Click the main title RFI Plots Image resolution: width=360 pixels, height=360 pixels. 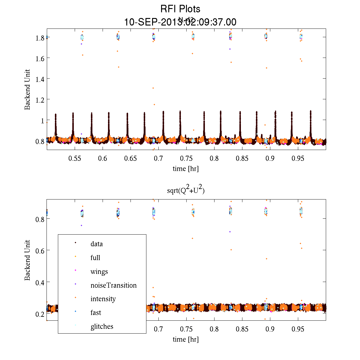[180, 9]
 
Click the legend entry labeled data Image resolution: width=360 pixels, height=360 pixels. [97, 244]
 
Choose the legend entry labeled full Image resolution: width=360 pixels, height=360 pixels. [95, 258]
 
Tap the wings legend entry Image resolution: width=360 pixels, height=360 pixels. [99, 272]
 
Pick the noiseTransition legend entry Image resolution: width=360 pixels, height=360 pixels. [113, 285]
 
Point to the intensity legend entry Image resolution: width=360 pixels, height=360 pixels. [103, 299]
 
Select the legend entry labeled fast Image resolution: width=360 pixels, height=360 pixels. [96, 313]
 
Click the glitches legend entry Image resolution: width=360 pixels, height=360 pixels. [102, 326]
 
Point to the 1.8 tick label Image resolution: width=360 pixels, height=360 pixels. [40, 38]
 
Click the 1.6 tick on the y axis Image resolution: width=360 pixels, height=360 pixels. [40, 58]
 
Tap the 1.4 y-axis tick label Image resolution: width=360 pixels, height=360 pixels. [40, 79]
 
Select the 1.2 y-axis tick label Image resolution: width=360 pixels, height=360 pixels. [40, 100]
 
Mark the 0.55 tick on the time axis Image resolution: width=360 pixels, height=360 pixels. [75, 158]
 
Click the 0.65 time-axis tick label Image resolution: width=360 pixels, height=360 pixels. [130, 158]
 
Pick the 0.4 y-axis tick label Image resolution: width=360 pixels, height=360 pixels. [40, 282]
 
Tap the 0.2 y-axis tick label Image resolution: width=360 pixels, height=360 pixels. [40, 314]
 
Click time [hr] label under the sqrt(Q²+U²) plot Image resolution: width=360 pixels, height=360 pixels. [186, 339]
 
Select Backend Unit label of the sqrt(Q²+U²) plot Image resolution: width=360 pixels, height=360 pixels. [28, 260]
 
